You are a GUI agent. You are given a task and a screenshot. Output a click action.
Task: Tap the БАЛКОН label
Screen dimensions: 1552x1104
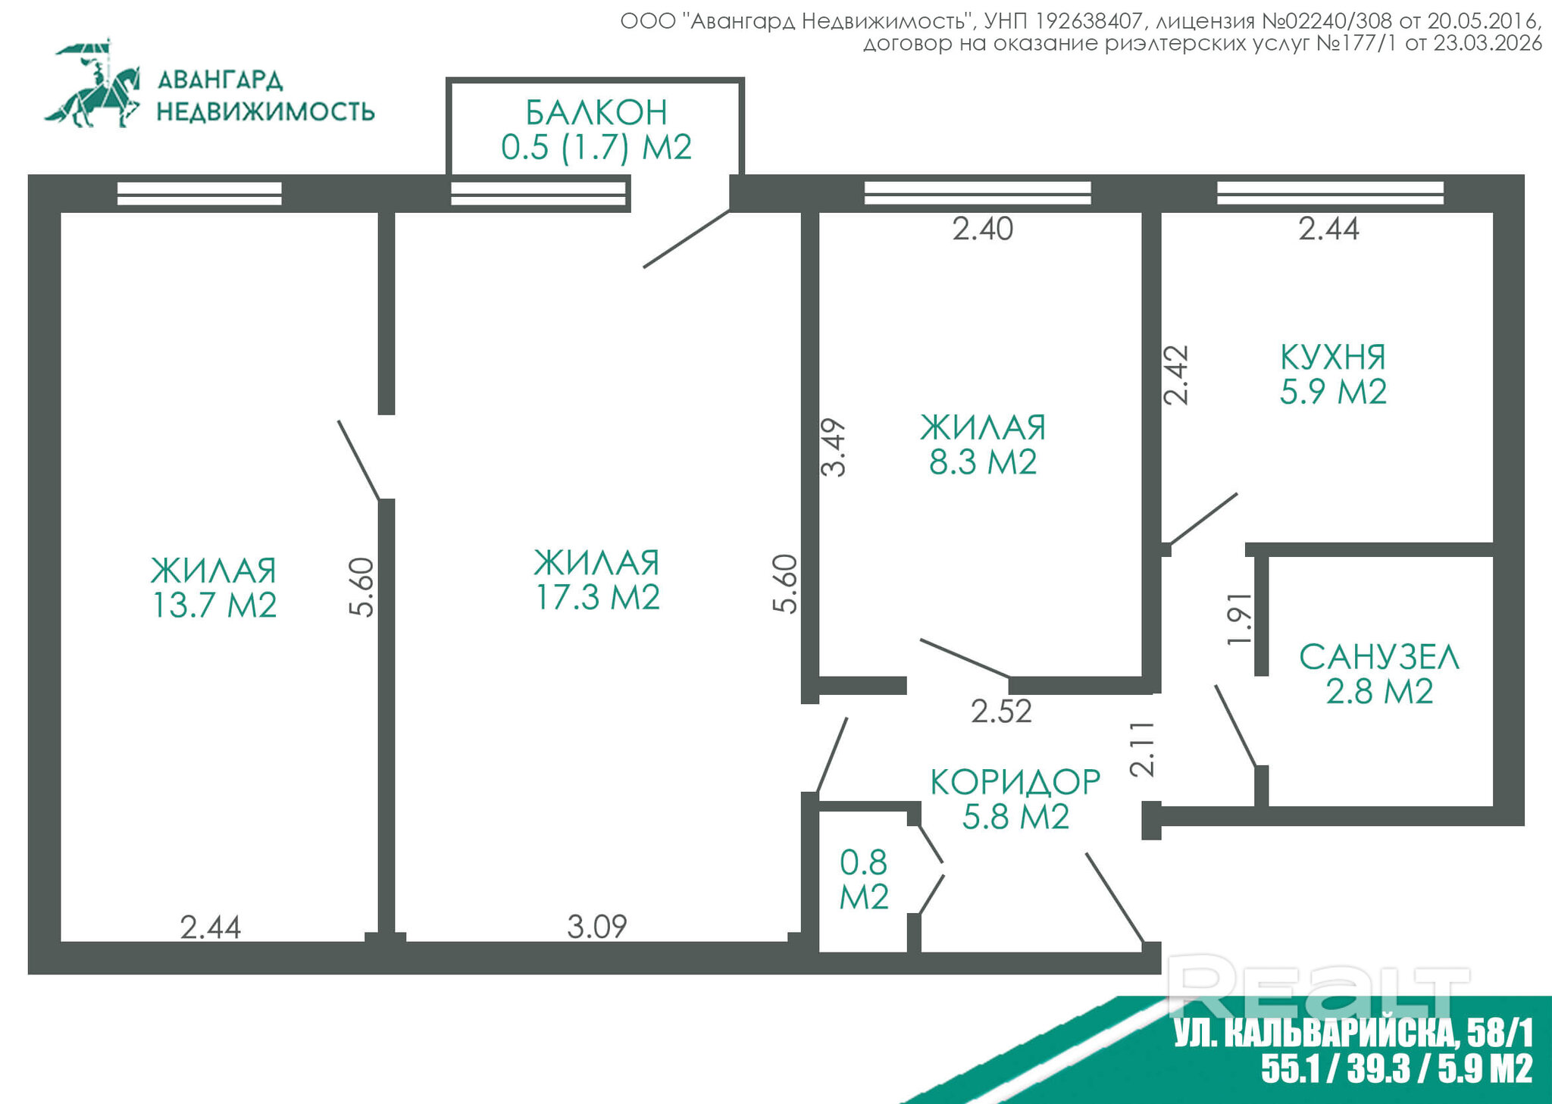pyautogui.click(x=596, y=113)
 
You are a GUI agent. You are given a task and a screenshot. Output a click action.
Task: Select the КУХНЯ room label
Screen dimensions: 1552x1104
pyautogui.click(x=1333, y=357)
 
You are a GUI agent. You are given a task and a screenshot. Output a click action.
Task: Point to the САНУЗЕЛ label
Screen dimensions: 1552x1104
pyautogui.click(x=1379, y=657)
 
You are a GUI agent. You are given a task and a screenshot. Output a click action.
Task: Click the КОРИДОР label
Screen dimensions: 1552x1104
pyautogui.click(x=1015, y=782)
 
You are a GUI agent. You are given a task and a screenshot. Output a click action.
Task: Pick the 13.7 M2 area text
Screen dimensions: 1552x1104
pyautogui.click(x=214, y=605)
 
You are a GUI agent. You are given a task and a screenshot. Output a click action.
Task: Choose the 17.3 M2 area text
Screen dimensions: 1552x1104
pyautogui.click(x=597, y=597)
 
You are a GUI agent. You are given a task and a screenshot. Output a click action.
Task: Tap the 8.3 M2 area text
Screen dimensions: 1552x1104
pyautogui.click(x=983, y=461)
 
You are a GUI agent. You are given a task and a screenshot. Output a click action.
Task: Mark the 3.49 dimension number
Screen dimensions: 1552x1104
pyautogui.click(x=834, y=447)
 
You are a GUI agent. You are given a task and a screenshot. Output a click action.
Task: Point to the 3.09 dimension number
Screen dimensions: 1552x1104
pyautogui.click(x=597, y=927)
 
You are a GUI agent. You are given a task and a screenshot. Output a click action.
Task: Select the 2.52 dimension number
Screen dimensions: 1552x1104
pyautogui.click(x=1001, y=712)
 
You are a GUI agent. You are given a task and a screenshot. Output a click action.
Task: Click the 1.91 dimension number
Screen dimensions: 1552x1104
pyautogui.click(x=1240, y=618)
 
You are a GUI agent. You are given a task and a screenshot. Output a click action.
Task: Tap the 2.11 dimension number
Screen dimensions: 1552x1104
pyautogui.click(x=1143, y=749)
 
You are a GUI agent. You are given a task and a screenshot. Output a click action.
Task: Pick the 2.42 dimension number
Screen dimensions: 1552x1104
pyautogui.click(x=1176, y=375)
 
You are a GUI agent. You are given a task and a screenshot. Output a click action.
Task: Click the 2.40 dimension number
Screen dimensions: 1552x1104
pyautogui.click(x=983, y=229)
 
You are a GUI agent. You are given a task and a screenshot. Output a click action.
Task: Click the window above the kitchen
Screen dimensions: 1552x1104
pyautogui.click(x=1330, y=193)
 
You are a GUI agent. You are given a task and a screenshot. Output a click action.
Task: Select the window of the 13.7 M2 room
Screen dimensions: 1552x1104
pyautogui.click(x=199, y=193)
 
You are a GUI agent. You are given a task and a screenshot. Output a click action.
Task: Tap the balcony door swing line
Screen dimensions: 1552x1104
pyautogui.click(x=687, y=239)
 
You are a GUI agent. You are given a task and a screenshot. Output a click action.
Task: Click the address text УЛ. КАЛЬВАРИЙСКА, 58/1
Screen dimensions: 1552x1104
pyautogui.click(x=1353, y=1032)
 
